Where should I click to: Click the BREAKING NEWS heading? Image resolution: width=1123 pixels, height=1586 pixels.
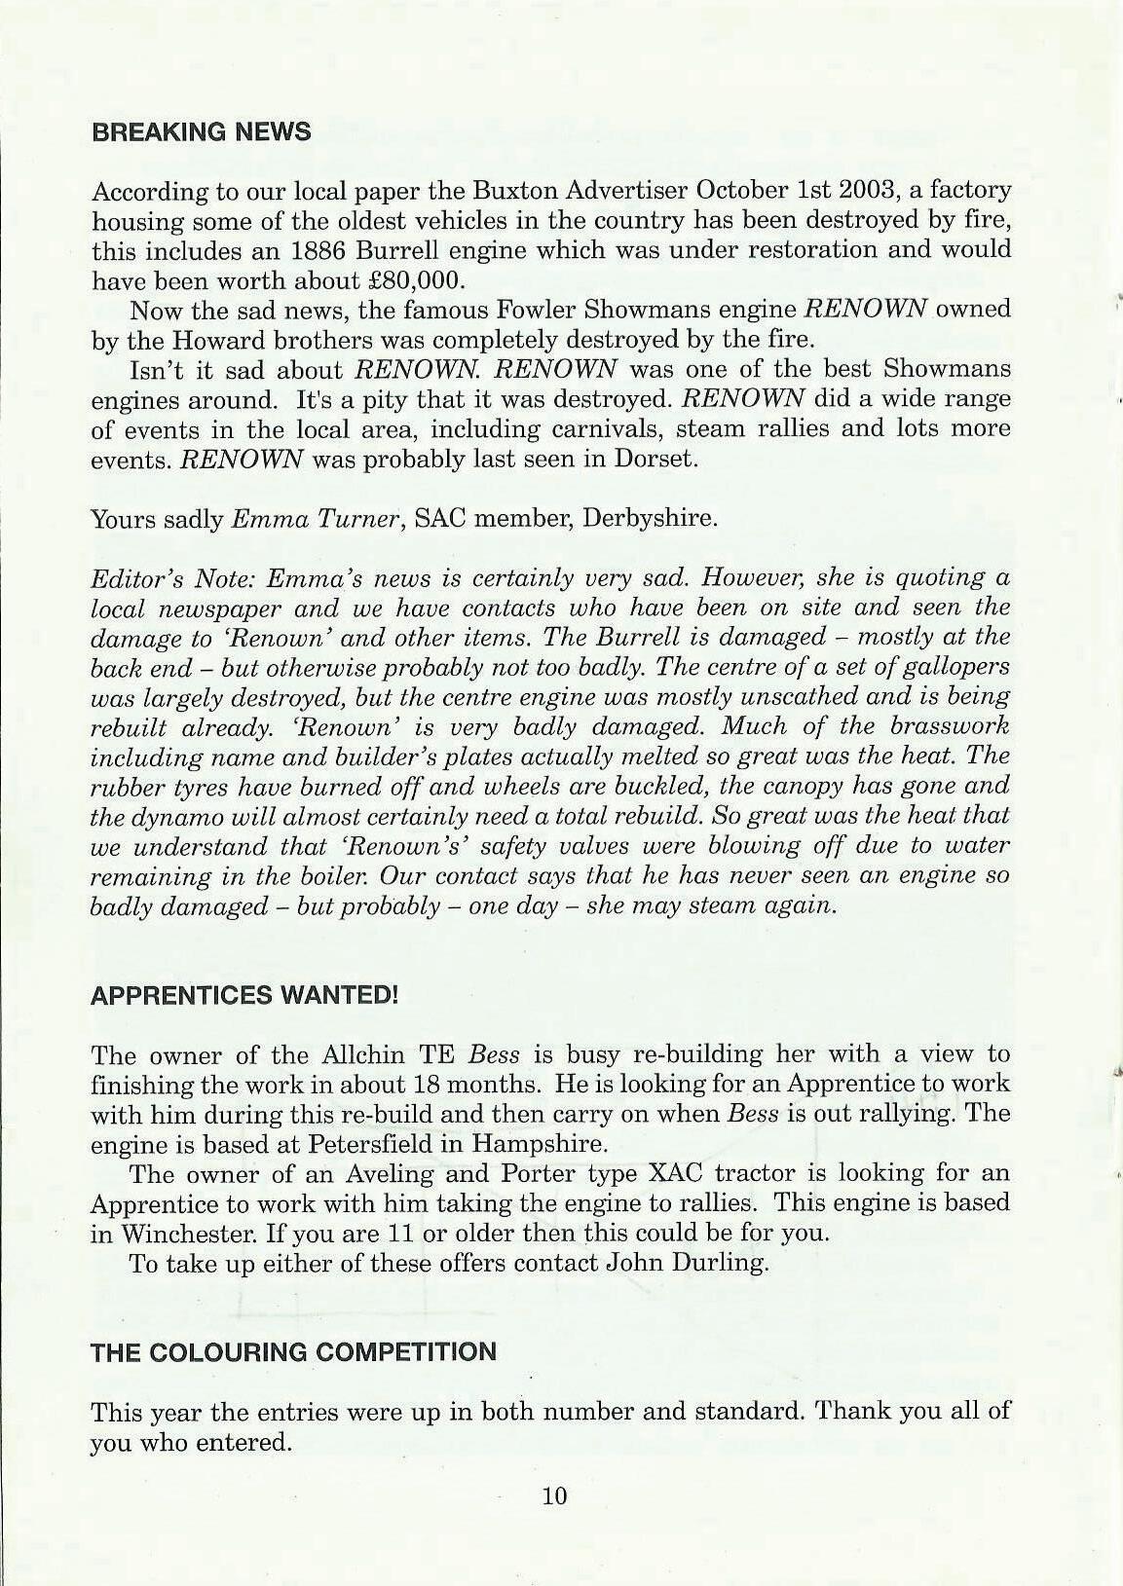tap(201, 131)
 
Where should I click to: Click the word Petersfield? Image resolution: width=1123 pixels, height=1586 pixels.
tap(387, 1142)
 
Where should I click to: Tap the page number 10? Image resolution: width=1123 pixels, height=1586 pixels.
tap(554, 1495)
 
